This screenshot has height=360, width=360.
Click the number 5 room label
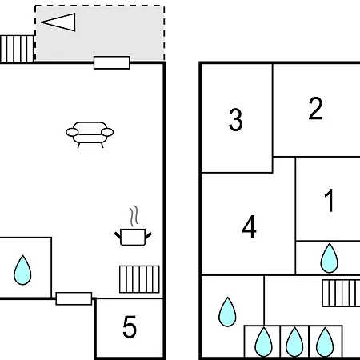130,327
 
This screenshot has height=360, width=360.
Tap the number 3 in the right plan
236,120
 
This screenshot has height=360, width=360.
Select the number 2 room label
315,108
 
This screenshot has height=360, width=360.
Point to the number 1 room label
330,200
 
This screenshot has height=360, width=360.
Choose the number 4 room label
250,226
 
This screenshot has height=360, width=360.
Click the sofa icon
90,135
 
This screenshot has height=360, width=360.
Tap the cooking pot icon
133,237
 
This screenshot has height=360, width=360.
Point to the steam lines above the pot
134,216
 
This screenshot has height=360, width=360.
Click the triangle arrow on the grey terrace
58,22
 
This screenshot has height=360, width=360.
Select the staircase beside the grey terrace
17,49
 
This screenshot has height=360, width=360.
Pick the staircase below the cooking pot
139,279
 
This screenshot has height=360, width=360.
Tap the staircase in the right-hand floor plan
341,293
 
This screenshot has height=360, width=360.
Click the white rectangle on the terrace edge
112,62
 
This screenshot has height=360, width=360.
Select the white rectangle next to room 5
74,298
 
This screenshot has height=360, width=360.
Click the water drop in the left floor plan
22,270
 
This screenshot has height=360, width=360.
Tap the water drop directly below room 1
330,258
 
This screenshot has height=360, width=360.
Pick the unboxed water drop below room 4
227,312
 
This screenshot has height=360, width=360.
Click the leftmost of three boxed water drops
264,342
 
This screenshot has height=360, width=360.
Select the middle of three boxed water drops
294,342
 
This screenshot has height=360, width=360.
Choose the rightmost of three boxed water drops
325,342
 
